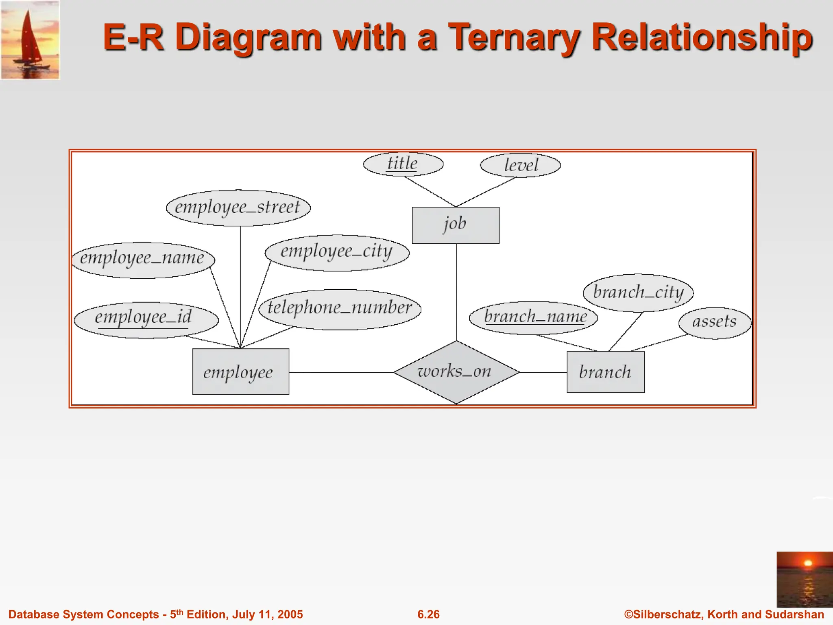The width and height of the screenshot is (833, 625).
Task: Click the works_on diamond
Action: coord(456,372)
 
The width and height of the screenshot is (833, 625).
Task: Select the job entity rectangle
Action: coord(456,225)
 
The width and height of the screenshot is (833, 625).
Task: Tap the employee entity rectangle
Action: coord(240,372)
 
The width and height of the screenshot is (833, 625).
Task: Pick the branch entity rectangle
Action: coord(605,372)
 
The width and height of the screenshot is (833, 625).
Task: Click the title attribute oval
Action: coord(403,164)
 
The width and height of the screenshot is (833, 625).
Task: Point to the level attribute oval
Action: coord(520,165)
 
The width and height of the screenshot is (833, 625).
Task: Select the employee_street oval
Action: coord(238,208)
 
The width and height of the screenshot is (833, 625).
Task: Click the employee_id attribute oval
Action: coord(146,320)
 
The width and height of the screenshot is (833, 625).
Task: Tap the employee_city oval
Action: coord(337,253)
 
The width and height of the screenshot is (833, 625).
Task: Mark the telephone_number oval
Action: coord(340,309)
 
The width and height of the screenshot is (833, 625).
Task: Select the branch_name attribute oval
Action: coord(533,318)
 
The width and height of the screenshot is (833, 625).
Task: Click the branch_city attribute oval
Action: coord(638,293)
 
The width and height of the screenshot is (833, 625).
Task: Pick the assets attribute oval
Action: coord(714,323)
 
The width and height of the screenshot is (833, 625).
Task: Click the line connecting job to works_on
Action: coord(456,293)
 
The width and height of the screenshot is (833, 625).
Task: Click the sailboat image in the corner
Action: coord(30,40)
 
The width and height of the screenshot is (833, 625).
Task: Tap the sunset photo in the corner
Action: coord(804,579)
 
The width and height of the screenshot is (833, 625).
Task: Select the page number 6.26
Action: coord(428,614)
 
